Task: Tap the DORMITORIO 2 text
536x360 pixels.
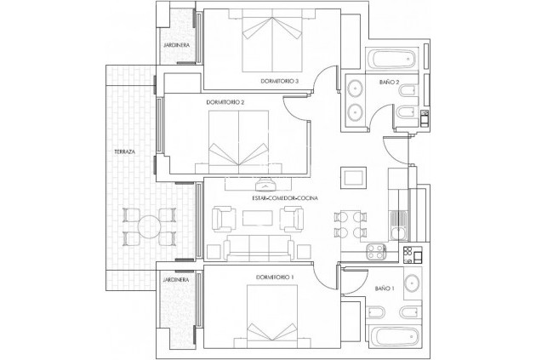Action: pos(225,102)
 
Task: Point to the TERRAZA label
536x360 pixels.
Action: pos(124,151)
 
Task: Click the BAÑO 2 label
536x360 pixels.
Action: pos(390,82)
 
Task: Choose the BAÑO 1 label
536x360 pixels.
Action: pos(385,289)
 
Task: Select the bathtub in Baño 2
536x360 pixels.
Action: pos(390,60)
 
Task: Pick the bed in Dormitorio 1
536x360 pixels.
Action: pos(273,316)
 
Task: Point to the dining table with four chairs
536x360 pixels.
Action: pos(350,223)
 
